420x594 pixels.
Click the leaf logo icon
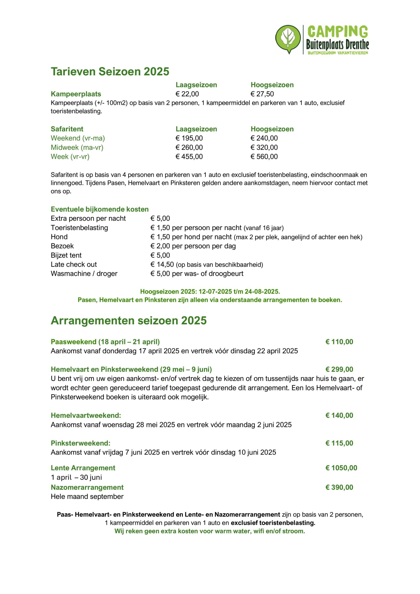point(288,39)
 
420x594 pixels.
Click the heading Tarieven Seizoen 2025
point(110,71)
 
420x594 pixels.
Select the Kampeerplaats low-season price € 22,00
point(187,94)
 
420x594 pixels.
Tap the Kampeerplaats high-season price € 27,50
point(262,94)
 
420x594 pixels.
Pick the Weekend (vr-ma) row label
point(78,138)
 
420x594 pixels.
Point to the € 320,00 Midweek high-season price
point(264,148)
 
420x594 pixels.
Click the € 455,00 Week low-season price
point(189,157)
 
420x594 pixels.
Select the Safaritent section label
point(67,129)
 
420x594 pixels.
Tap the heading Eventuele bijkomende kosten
point(100,209)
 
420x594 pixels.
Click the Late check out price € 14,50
point(162,265)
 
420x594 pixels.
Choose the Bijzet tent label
point(66,255)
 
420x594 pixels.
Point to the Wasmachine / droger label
point(84,274)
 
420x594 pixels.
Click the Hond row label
point(59,237)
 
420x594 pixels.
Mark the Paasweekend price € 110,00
point(339,342)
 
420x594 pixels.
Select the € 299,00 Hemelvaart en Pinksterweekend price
point(339,369)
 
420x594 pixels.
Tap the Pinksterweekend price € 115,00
point(339,443)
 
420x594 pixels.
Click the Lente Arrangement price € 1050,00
point(341,468)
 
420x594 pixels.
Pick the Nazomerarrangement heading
point(87,487)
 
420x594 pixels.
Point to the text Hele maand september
point(87,497)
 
